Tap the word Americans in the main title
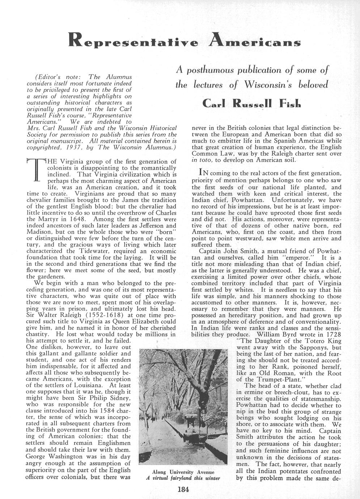[257, 40]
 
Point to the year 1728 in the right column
[332, 334]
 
